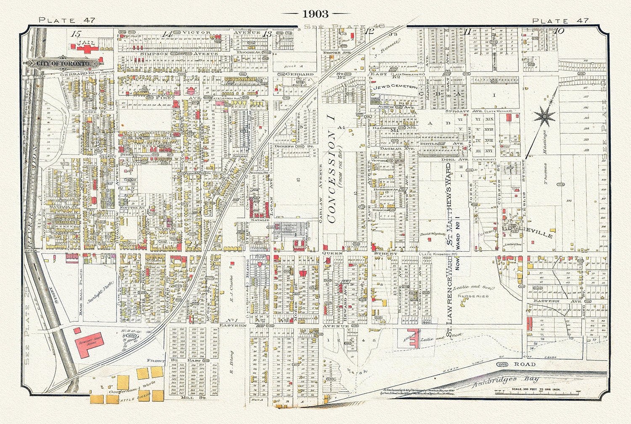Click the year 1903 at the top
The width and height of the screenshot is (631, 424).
coord(315,14)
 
